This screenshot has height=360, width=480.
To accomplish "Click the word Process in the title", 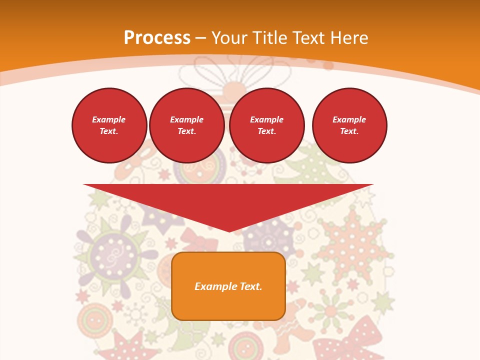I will (157, 38).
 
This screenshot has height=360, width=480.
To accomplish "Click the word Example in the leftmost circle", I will (109, 119).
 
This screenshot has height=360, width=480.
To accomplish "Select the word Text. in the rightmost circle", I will (349, 131).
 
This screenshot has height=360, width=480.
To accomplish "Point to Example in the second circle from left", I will (186, 119).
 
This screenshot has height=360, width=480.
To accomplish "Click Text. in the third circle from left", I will (266, 131).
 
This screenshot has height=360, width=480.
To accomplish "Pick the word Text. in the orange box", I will (251, 286).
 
